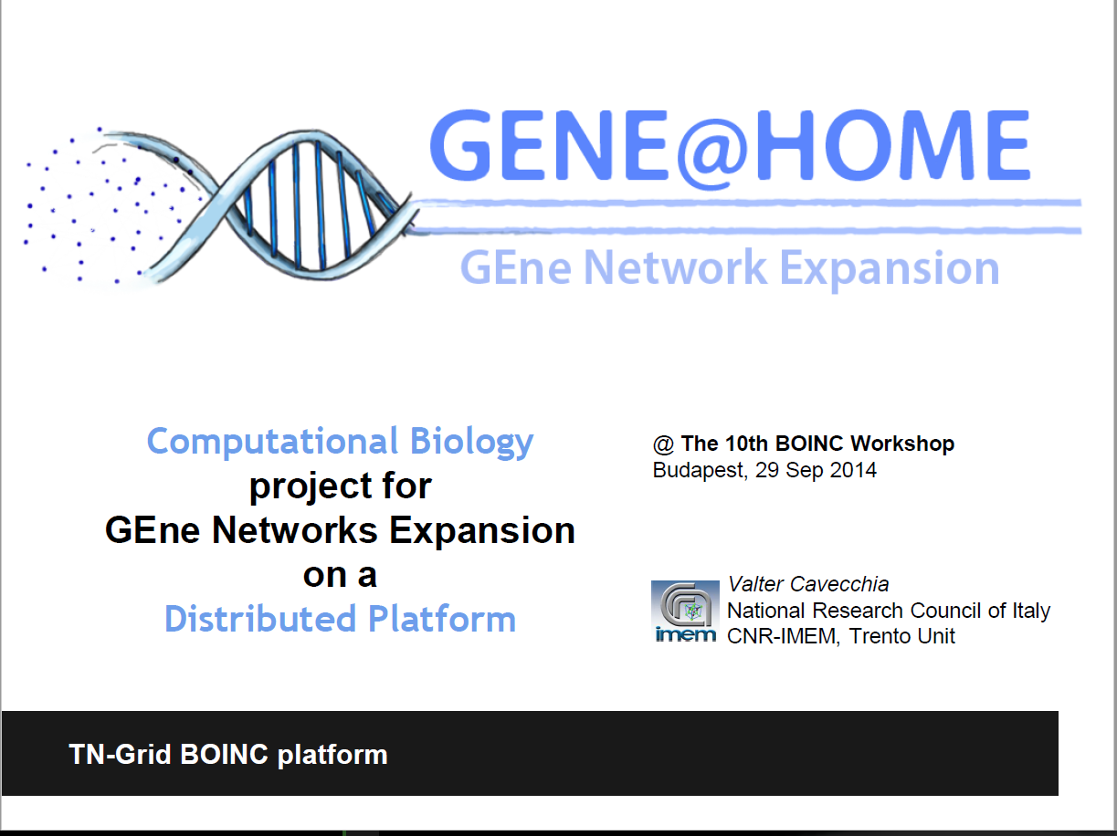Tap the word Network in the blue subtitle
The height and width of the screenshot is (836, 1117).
coord(675,267)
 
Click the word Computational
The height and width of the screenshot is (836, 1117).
coord(272,443)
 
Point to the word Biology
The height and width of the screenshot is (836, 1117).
coord(472,443)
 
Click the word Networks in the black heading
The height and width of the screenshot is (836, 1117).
coord(295,530)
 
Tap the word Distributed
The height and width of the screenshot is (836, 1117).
coord(260,619)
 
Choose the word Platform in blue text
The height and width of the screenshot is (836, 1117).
coord(442,619)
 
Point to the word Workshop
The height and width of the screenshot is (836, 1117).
coord(902,444)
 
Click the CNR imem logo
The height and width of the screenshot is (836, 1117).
coord(685,611)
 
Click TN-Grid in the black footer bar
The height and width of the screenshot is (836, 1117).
coord(120,754)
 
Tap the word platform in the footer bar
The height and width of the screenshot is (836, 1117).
coord(332,755)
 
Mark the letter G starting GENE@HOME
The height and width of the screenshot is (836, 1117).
coord(460,145)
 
